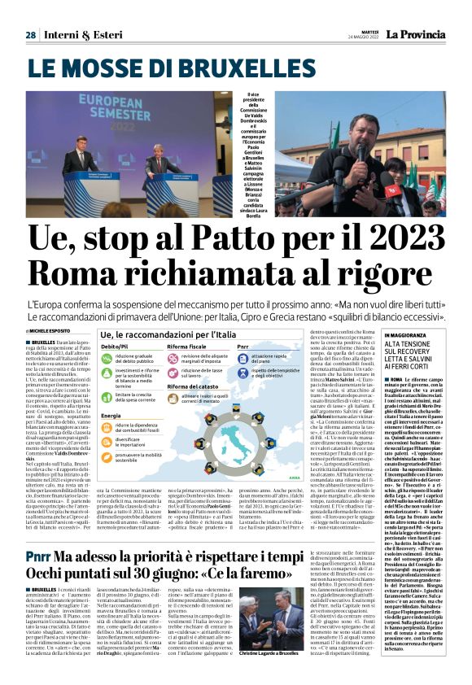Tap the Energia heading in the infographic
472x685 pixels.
pyautogui.click(x=111, y=416)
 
